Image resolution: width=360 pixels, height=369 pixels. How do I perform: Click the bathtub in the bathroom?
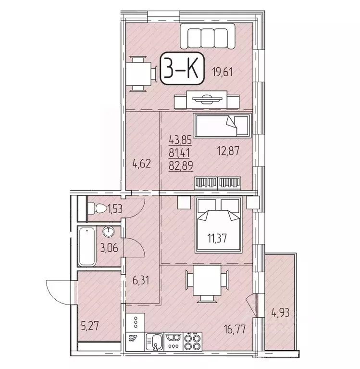coord(87,246)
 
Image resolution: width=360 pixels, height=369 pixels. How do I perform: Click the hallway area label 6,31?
coord(141,278)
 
